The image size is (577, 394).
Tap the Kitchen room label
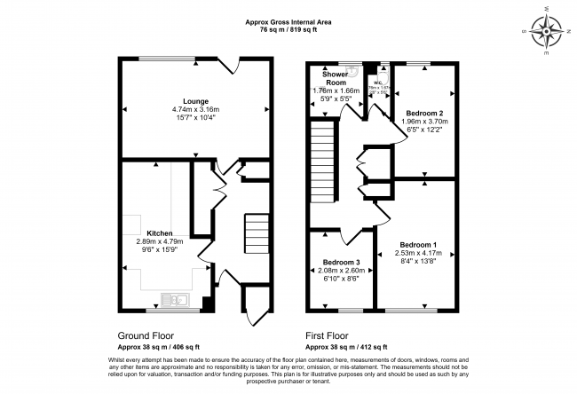coord(146,232)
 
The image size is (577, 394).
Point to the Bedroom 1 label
coord(417,244)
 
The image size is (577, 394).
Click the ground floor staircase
coord(257,233)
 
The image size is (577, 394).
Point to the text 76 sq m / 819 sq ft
coord(288,29)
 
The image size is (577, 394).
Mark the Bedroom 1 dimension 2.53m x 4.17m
coord(417,253)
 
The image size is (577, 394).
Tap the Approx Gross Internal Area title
coord(288,21)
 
